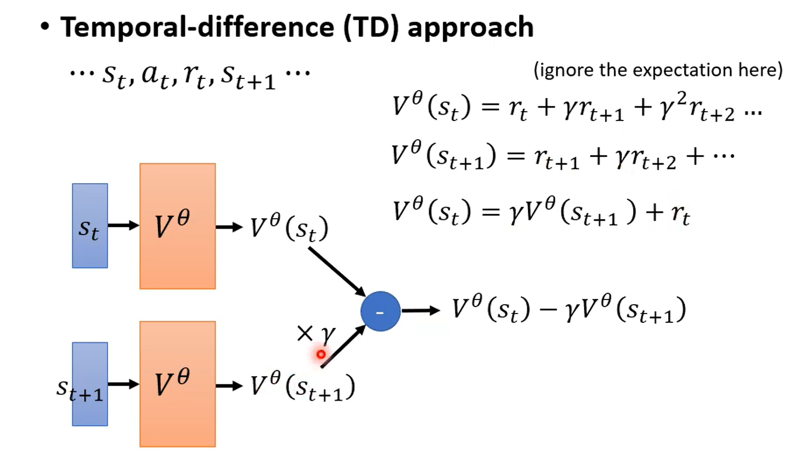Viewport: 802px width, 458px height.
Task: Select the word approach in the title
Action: coord(470,27)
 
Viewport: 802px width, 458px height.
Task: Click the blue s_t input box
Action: coord(89,226)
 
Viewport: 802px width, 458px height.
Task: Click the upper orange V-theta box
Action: coord(177,226)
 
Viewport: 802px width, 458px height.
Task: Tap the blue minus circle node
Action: coord(380,312)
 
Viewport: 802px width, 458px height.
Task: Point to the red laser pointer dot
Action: coord(321,354)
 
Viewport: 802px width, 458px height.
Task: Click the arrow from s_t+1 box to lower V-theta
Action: coord(123,384)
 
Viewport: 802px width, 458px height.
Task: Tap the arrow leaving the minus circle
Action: coord(420,311)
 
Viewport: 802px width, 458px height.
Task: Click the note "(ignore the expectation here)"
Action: coord(658,71)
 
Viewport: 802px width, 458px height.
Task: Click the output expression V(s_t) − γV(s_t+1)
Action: coord(569,310)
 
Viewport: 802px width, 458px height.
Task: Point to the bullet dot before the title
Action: coord(45,28)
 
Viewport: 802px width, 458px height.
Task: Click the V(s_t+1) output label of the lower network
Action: coord(302,386)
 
